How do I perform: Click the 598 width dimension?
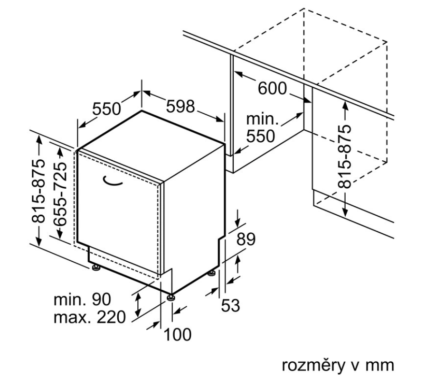[180, 106]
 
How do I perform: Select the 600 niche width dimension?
[273, 88]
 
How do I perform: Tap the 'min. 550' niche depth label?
[261, 128]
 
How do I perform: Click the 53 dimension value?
[231, 306]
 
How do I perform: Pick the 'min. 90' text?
[82, 299]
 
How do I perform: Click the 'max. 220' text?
[89, 316]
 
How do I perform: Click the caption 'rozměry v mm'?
[338, 366]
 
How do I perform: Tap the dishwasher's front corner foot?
[170, 298]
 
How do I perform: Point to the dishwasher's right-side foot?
[210, 274]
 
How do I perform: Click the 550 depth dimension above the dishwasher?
[106, 109]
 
